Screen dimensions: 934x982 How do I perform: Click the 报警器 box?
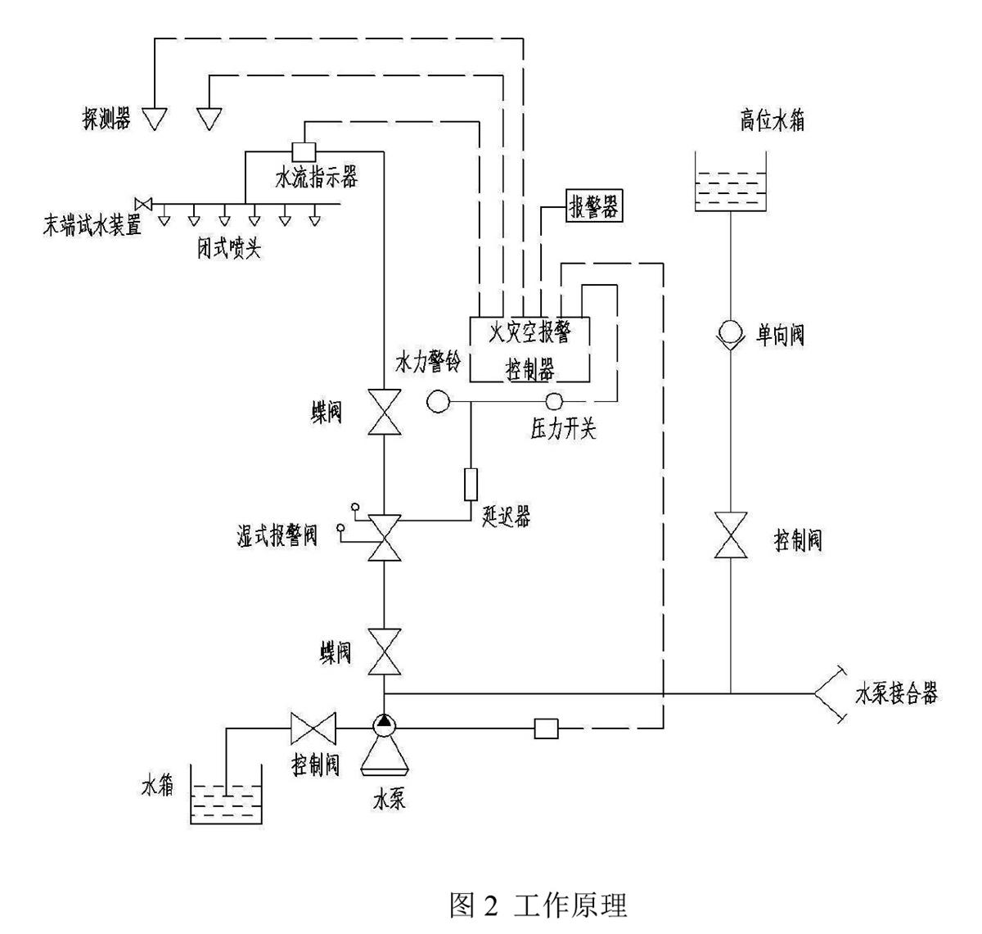point(592,207)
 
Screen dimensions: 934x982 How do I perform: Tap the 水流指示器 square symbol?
point(304,151)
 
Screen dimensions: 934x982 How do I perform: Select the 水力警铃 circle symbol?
point(439,401)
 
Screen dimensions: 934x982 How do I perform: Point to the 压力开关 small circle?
point(555,401)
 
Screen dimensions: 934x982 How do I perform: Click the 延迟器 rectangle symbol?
point(471,483)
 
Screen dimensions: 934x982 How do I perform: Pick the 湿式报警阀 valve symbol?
point(383,537)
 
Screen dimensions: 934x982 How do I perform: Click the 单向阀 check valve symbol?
point(729,333)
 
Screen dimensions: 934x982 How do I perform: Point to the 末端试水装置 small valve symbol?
point(144,203)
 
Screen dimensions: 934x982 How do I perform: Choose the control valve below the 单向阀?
point(729,536)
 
